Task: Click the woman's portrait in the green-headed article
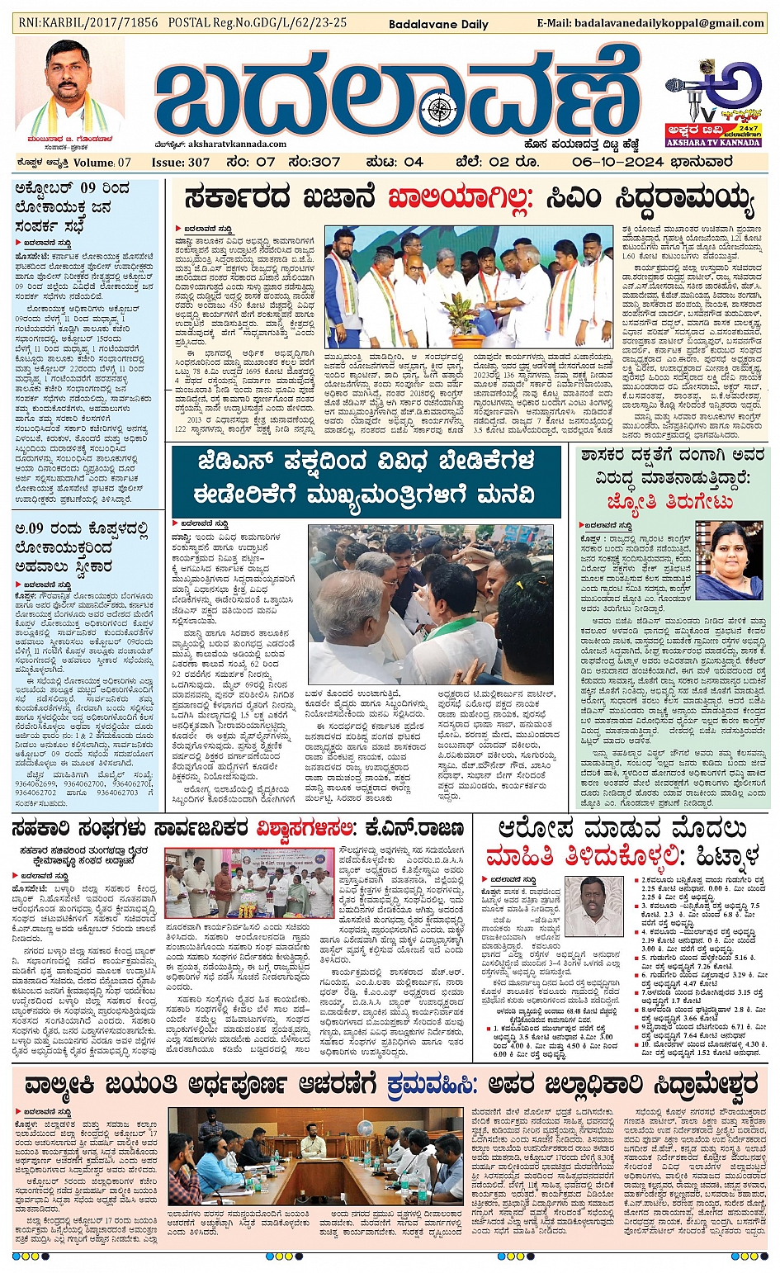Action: coord(729,559)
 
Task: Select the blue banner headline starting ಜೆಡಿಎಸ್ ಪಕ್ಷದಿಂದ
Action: coord(366,478)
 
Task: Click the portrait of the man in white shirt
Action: coord(594,906)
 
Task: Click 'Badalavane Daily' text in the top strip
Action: coord(438,24)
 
